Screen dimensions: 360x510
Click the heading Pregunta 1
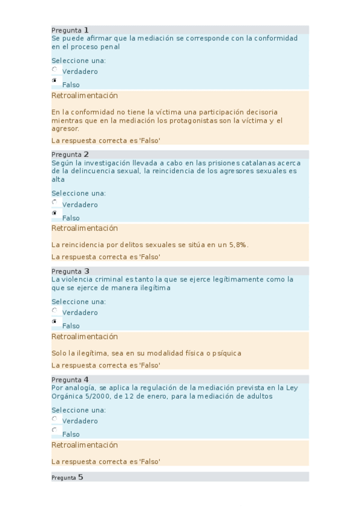pyautogui.click(x=70, y=30)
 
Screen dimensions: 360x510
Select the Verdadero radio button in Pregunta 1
pyautogui.click(x=55, y=70)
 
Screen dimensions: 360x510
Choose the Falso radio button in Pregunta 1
pyautogui.click(x=55, y=80)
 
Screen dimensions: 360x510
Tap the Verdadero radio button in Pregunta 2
pyautogui.click(x=55, y=203)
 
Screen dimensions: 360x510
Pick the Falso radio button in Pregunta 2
pyautogui.click(x=55, y=213)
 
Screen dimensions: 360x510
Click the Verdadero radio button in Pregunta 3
pyautogui.click(x=55, y=311)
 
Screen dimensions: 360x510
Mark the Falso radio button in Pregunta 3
pyautogui.click(x=55, y=321)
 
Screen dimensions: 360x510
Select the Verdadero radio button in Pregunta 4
pyautogui.click(x=55, y=419)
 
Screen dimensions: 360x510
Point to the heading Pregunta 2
pyautogui.click(x=70, y=155)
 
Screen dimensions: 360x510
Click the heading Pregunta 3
pyautogui.click(x=70, y=271)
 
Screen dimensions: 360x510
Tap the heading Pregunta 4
pyautogui.click(x=70, y=379)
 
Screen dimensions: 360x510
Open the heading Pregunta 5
pyautogui.click(x=67, y=478)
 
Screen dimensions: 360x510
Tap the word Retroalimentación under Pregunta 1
pyautogui.click(x=85, y=96)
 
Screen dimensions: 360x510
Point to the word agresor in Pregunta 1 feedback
pyautogui.click(x=65, y=129)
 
